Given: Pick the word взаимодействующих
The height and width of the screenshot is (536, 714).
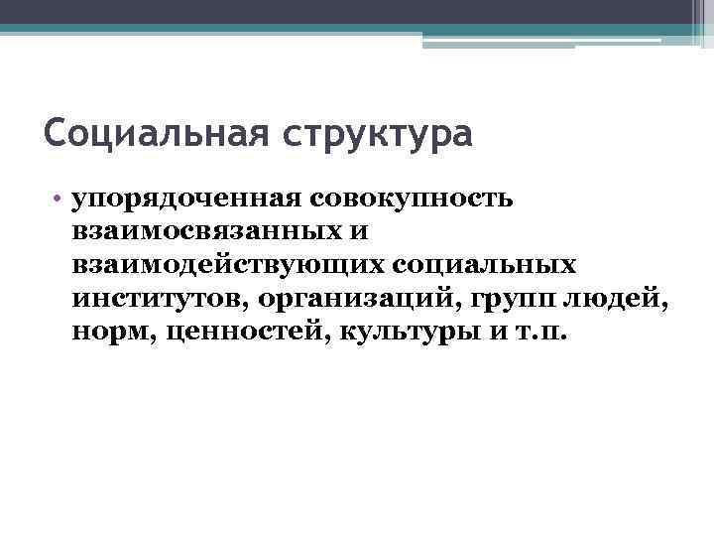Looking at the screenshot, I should click(229, 265).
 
